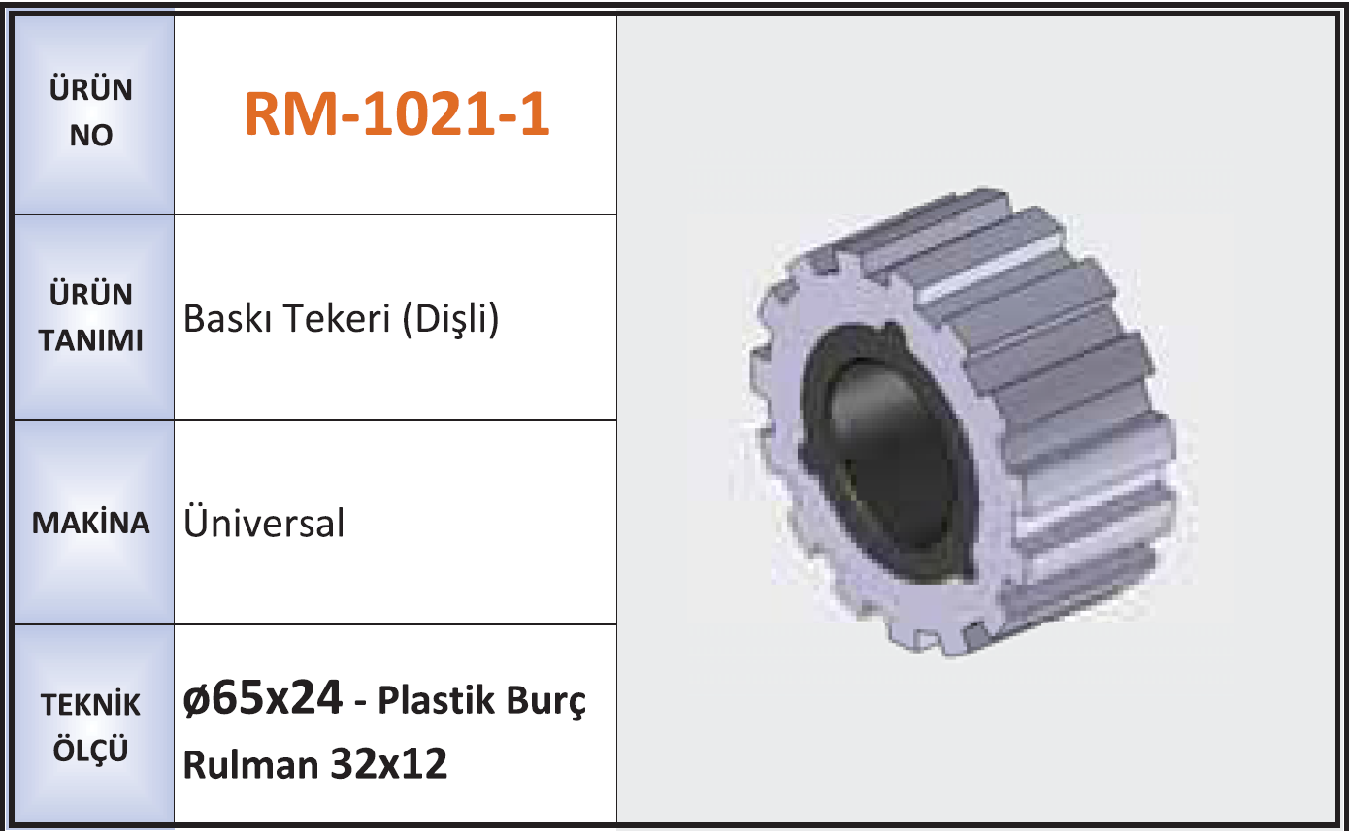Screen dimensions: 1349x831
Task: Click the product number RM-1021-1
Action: (397, 114)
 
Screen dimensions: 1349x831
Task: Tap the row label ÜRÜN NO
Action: (91, 112)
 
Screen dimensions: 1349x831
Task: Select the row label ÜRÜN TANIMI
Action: (91, 317)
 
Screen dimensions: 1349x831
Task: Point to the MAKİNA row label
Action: (91, 523)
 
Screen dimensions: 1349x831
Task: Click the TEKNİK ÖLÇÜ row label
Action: (91, 727)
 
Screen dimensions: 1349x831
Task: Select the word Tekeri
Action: (338, 318)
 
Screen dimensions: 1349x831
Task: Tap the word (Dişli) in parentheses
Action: (450, 319)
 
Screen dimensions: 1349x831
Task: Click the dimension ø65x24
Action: (263, 698)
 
